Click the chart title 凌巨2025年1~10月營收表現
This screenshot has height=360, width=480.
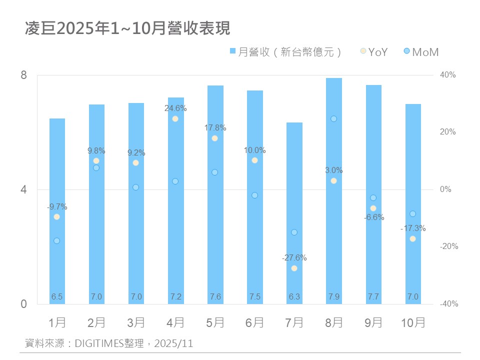coord(127,28)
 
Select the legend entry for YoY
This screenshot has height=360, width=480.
coord(374,51)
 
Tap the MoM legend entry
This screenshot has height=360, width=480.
coord(420,51)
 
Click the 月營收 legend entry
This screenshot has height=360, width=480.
coord(285,51)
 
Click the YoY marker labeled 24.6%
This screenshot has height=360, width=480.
coord(175,119)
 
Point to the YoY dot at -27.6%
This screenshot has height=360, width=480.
coord(294,268)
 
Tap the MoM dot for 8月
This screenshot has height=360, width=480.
coord(333,119)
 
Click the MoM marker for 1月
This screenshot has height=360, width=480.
coord(56,241)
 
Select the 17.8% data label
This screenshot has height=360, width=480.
coord(215,128)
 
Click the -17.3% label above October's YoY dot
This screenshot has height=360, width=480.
coord(413,228)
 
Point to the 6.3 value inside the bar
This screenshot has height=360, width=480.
coord(294,297)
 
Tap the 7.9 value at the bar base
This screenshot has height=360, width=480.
coord(333,297)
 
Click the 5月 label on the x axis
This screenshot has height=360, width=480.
coord(215,322)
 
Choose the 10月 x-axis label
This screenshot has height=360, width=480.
coord(413,322)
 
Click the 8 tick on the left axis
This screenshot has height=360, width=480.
coord(24,75)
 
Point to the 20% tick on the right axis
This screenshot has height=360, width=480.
coord(448,132)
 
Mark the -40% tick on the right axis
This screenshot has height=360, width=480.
coord(448,304)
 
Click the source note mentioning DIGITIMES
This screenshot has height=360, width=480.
coord(109,344)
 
